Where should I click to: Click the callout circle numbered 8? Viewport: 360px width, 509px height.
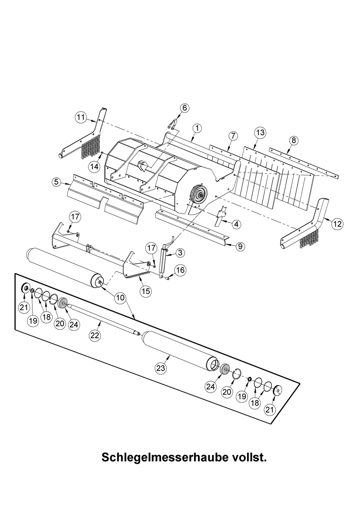(x=294, y=141)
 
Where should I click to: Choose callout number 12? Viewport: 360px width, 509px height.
(x=338, y=224)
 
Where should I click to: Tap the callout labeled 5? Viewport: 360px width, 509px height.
(x=57, y=182)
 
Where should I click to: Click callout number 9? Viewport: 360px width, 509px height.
(x=240, y=246)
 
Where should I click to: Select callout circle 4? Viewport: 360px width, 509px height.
(x=237, y=224)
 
